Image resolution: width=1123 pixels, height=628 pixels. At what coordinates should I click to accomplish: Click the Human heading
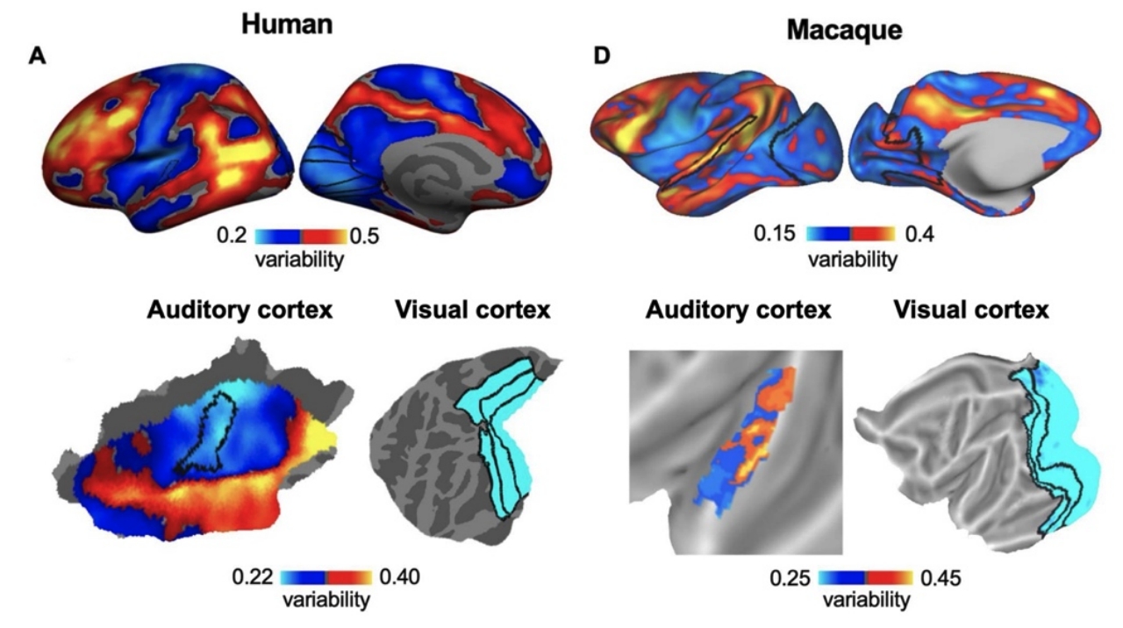(x=287, y=25)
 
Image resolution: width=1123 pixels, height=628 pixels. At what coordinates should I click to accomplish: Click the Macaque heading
(x=845, y=30)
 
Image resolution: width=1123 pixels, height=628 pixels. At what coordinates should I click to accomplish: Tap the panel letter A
(x=37, y=56)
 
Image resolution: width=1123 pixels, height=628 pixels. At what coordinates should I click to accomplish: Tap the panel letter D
(x=602, y=55)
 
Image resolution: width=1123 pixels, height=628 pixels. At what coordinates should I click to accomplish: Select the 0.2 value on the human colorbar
(x=232, y=235)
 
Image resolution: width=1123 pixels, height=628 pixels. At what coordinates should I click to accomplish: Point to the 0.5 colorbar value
(x=364, y=236)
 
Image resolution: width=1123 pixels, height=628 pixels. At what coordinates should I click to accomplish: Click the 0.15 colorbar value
(x=775, y=233)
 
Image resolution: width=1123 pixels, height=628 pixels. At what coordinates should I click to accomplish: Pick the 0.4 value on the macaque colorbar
(x=920, y=234)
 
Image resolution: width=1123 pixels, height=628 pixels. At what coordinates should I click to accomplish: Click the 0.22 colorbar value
(x=252, y=577)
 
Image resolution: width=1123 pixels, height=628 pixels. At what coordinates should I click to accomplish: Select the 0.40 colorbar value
(x=399, y=577)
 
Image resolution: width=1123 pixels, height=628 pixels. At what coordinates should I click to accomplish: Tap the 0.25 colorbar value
(x=790, y=578)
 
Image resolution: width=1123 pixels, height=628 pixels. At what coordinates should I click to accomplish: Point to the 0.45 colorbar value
(x=941, y=578)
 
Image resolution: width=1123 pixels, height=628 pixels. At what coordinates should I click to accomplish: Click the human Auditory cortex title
(x=240, y=310)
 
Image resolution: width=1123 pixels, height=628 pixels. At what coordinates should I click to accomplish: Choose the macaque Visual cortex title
(x=971, y=310)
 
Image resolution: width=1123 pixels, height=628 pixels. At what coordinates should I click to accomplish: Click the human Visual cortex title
(x=473, y=310)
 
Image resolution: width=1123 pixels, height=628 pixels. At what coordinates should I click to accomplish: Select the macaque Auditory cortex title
(x=738, y=310)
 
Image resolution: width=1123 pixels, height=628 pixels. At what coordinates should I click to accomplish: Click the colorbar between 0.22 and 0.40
(x=326, y=578)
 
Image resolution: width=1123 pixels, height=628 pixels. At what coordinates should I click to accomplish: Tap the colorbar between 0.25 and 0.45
(x=866, y=578)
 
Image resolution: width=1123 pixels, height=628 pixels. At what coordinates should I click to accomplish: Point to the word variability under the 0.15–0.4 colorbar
(x=853, y=260)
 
